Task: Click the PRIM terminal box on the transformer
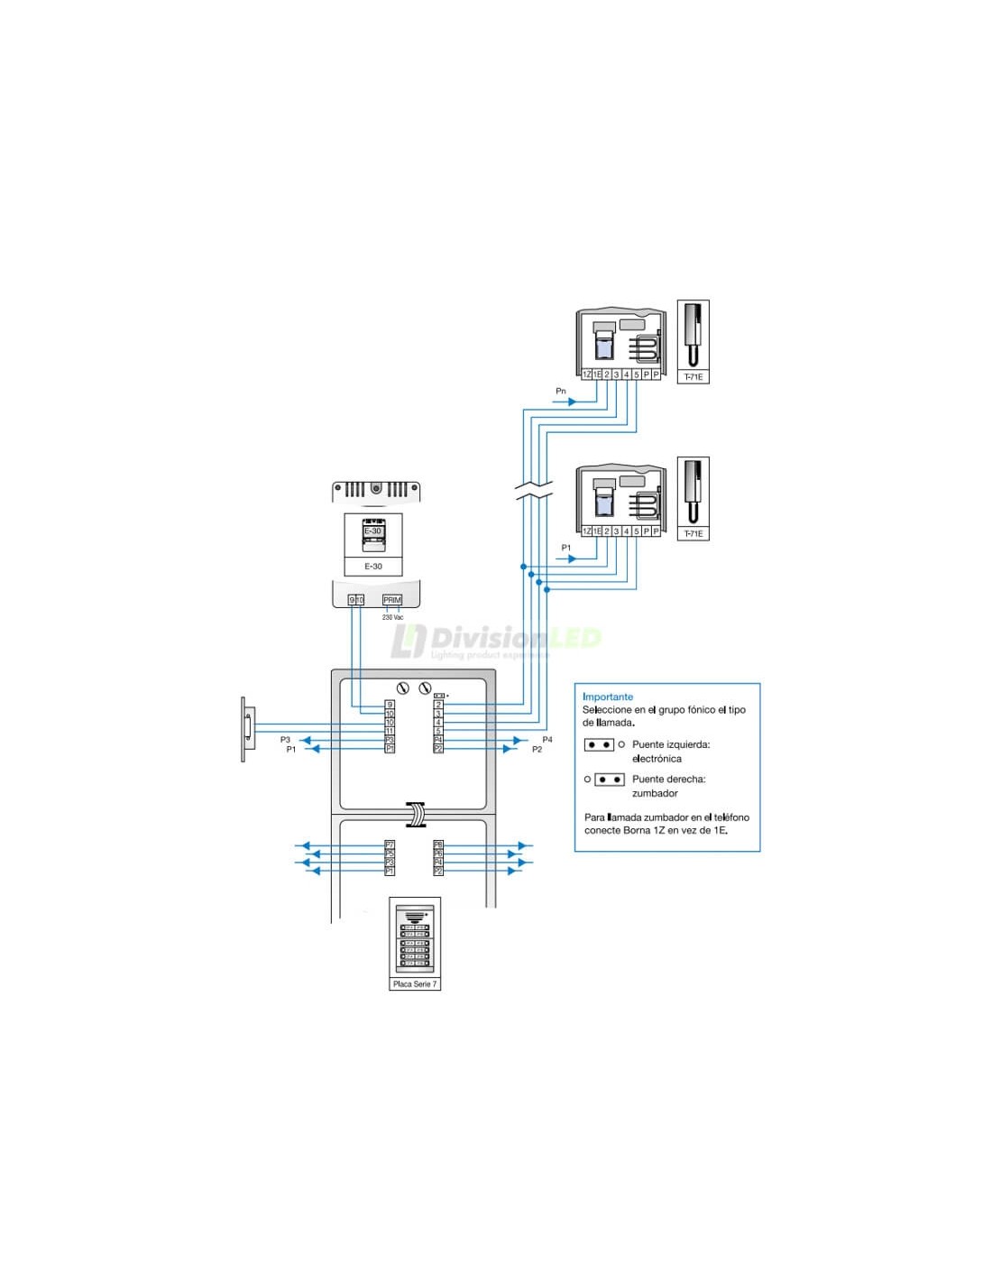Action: [392, 600]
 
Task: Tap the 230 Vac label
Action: [392, 617]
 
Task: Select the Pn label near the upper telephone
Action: [561, 391]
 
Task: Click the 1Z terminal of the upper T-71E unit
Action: [586, 374]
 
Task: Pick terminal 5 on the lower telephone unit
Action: [637, 531]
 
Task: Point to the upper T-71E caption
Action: [693, 377]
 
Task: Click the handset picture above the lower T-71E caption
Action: [693, 491]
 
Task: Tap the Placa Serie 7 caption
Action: [415, 983]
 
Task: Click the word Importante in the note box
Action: [608, 697]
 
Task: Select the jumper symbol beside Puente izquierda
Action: [600, 744]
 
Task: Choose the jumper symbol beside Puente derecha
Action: [610, 780]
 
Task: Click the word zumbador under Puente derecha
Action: [655, 793]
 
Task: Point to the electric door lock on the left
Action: [247, 728]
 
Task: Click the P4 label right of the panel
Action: [547, 740]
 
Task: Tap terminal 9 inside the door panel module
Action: [390, 705]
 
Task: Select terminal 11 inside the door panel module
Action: [390, 732]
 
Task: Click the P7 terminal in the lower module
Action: [390, 845]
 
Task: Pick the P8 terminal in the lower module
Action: [438, 845]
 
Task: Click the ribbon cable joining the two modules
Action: [415, 814]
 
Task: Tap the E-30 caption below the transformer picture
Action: [373, 567]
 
